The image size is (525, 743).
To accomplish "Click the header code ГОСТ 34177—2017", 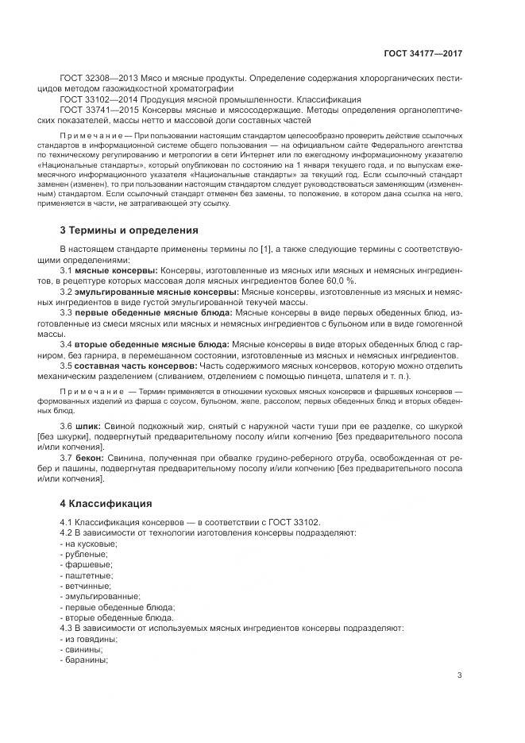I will [x=423, y=53].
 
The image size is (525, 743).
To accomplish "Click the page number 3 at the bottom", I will [x=460, y=675].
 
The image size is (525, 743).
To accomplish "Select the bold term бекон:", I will [x=90, y=459].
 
